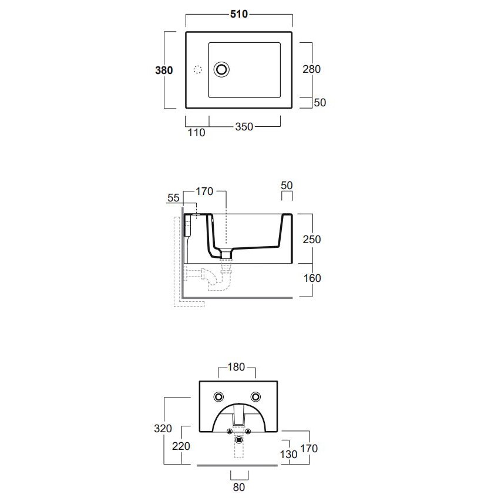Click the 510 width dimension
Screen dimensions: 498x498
pos(239,14)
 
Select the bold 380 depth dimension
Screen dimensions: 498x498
pos(164,70)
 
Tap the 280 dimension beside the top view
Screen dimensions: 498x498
pos(312,69)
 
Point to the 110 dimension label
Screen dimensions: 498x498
pos(196,133)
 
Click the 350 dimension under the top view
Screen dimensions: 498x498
pos(244,127)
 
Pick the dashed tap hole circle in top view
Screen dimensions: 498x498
pos(197,69)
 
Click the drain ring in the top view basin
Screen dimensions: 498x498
pos(221,69)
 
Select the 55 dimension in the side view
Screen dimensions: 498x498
pos(173,198)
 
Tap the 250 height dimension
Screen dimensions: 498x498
pos(312,239)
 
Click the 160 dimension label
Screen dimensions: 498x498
pos(312,278)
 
